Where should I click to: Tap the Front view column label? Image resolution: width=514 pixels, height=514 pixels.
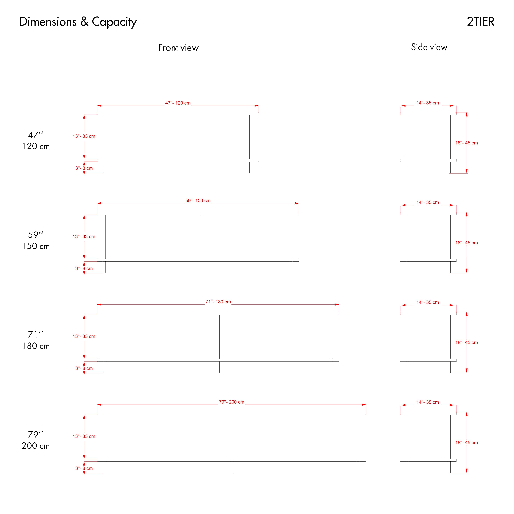tap(179, 48)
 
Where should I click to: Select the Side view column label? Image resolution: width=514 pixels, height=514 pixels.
tap(429, 47)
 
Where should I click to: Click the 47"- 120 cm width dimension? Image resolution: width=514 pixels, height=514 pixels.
tap(178, 103)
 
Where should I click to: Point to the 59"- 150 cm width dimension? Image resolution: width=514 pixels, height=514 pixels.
tap(198, 201)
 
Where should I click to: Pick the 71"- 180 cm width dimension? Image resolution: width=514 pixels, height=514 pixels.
tap(218, 302)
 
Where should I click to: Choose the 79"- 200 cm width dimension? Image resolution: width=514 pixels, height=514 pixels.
tap(231, 402)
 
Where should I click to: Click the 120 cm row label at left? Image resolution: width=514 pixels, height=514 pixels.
tap(36, 146)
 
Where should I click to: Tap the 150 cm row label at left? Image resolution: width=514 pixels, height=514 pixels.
tap(36, 246)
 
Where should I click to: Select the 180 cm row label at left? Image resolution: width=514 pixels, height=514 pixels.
tap(36, 346)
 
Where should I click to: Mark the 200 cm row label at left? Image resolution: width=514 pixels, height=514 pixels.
tap(36, 446)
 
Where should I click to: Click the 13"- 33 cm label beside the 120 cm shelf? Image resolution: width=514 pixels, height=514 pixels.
tap(84, 136)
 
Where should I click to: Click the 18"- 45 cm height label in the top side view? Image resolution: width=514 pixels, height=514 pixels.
tap(467, 143)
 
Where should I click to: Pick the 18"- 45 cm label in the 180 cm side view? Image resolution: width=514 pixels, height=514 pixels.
tap(467, 343)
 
